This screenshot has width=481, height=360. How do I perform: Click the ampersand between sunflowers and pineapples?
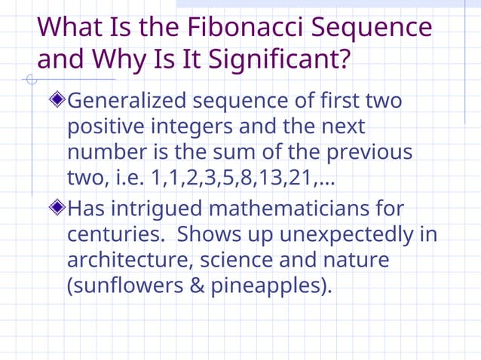[198, 286]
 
